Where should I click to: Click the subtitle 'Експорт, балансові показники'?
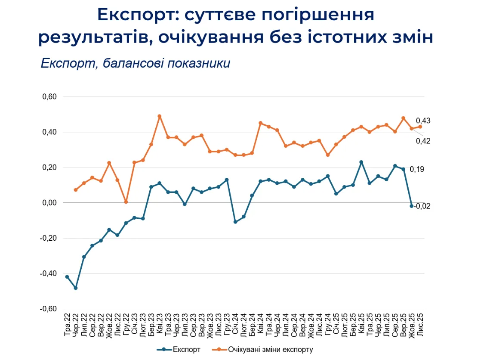tap(136, 63)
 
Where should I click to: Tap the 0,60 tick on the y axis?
tap(49, 97)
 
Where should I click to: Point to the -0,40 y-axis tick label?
tap(49, 273)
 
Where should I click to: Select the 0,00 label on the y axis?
tap(49, 203)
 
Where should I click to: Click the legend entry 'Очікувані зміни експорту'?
tap(269, 349)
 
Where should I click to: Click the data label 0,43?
tap(423, 121)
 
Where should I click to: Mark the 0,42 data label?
tap(423, 141)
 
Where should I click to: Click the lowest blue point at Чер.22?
tap(76, 288)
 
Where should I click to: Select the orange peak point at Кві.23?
tap(160, 116)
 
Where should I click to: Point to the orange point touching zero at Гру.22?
tap(126, 202)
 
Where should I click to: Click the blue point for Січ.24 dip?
tap(235, 222)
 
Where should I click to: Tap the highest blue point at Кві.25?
tap(361, 162)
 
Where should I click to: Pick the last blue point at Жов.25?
tap(412, 206)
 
